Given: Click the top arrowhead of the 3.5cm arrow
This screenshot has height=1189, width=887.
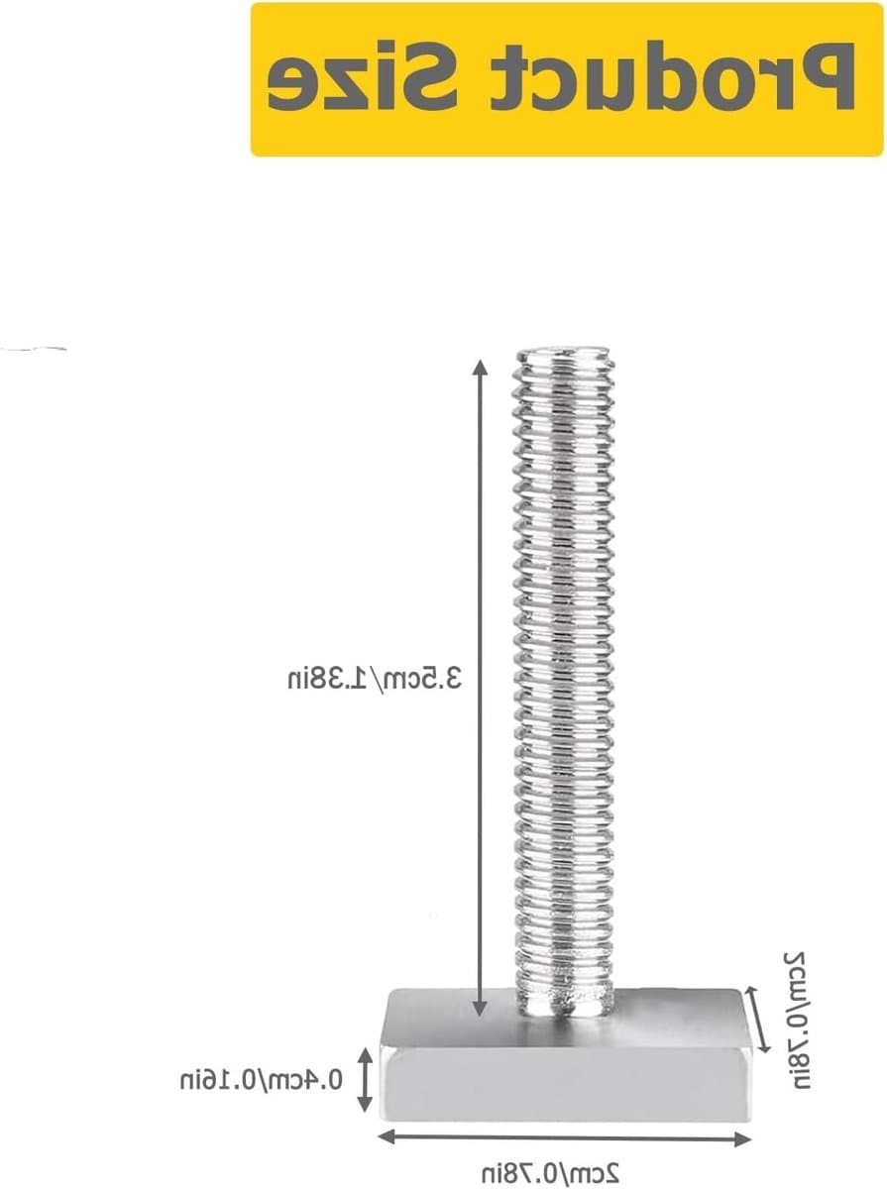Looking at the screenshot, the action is tap(479, 368).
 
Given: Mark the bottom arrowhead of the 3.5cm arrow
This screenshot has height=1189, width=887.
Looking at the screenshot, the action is tap(479, 1008).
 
